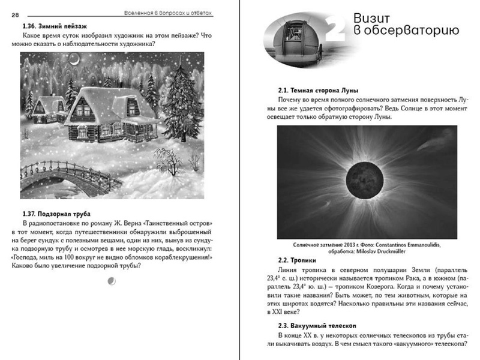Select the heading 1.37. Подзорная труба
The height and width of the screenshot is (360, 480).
pos(51,213)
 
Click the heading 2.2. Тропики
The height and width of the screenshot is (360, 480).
pos(298,261)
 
